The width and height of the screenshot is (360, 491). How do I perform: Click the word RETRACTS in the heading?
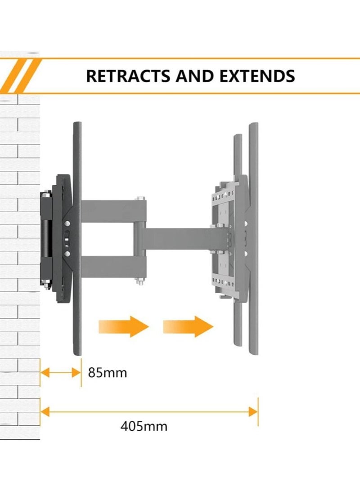tap(127, 76)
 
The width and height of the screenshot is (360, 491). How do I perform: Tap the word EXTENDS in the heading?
tap(257, 76)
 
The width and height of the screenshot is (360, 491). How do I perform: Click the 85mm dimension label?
tap(108, 373)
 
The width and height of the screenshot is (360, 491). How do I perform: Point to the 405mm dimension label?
tap(144, 426)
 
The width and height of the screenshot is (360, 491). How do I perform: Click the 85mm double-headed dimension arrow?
tap(61, 373)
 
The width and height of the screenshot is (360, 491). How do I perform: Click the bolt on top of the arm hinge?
tap(139, 198)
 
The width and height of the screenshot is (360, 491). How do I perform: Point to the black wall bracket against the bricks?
tap(47, 238)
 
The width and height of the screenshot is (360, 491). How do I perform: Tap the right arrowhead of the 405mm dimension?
tap(254, 411)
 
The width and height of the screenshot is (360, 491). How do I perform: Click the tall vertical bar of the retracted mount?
tap(77, 238)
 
